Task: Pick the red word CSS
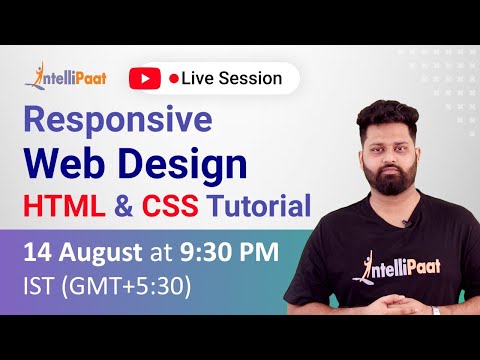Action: point(171,207)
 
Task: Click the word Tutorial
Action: point(257,207)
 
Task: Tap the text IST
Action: point(38,286)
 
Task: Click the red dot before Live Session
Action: point(174,77)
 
